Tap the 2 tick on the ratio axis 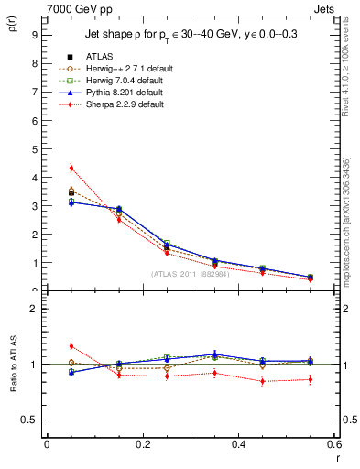(x=34, y=309)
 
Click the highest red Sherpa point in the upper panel (x=71, y=168)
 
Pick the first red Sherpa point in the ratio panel (x=71, y=346)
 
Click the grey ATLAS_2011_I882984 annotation (x=190, y=274)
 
